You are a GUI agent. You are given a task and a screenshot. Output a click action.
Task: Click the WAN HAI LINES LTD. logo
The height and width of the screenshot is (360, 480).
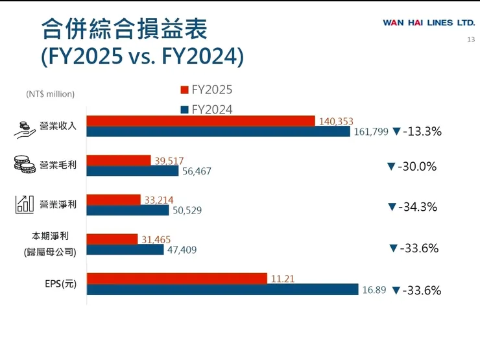(429, 23)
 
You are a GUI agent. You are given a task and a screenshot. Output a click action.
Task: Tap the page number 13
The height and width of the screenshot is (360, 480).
(471, 40)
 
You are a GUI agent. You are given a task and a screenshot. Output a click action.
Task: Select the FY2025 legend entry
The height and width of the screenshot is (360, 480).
(206, 90)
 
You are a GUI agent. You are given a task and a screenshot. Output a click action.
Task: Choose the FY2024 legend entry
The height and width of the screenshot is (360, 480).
(206, 110)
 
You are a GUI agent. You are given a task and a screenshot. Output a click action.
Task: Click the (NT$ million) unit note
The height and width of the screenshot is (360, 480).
(51, 94)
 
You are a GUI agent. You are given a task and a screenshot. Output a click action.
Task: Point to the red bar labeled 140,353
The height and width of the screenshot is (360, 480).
(200, 121)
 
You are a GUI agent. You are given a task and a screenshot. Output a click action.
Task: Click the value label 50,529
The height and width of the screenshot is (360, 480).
(188, 211)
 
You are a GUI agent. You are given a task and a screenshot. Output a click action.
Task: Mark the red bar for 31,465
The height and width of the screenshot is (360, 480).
(112, 239)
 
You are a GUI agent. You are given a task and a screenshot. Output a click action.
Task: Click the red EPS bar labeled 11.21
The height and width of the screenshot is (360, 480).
(176, 279)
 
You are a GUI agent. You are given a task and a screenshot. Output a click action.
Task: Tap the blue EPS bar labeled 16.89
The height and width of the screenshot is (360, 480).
(222, 289)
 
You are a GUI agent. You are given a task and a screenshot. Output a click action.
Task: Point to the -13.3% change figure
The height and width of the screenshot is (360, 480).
(422, 132)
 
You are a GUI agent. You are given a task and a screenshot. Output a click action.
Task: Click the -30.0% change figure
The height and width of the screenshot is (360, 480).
(418, 167)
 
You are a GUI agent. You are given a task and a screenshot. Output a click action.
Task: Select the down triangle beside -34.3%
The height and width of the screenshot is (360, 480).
(392, 207)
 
